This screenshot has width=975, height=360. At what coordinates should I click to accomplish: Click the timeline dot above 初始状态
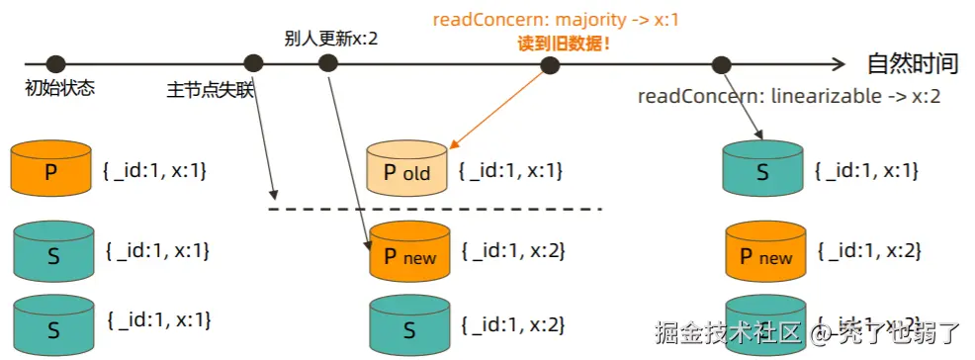pyautogui.click(x=56, y=64)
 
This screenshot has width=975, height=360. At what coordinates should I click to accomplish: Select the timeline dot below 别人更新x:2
pyautogui.click(x=328, y=64)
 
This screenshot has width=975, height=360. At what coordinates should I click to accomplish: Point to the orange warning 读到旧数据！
pyautogui.click(x=563, y=43)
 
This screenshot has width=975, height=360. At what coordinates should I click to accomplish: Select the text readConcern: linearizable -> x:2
pyautogui.click(x=788, y=96)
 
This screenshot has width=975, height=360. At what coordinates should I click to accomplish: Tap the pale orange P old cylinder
pyautogui.click(x=406, y=170)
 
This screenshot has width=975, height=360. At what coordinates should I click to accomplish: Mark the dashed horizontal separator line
pyautogui.click(x=435, y=209)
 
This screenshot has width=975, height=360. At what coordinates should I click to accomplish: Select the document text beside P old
pyautogui.click(x=510, y=171)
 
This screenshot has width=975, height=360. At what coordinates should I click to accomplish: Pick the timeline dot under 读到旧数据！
pyautogui.click(x=551, y=65)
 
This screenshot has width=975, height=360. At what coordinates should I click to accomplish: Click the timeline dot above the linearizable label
pyautogui.click(x=720, y=65)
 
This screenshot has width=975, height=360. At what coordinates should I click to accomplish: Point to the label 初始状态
pyautogui.click(x=59, y=88)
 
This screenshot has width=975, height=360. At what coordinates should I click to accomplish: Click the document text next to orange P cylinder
pyautogui.click(x=154, y=170)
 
